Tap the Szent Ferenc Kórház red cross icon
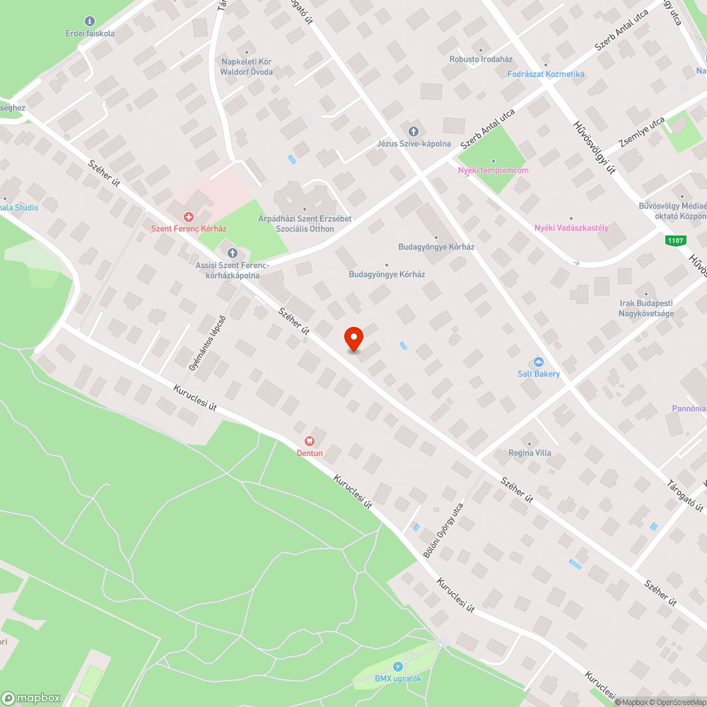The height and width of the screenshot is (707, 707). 189,217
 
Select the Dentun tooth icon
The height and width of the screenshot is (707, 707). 309,440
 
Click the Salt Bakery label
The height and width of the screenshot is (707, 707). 538,373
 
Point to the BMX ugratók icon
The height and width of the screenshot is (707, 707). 397,667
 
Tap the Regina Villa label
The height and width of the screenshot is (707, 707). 530,453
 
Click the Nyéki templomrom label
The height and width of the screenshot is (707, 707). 493,170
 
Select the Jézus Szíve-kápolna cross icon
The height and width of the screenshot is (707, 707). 414,132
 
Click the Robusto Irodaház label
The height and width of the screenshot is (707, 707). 481,59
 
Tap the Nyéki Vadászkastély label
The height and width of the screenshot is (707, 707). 571,228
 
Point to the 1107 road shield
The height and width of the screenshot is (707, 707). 675,240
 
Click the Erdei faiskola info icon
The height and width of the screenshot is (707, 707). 89,21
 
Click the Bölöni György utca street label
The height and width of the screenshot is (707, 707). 443,530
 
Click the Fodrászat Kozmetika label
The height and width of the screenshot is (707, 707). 546,74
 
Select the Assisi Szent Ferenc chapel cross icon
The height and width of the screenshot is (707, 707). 232,253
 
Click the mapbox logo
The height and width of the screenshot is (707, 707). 32,698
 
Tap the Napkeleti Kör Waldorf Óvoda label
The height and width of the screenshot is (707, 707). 246,66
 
